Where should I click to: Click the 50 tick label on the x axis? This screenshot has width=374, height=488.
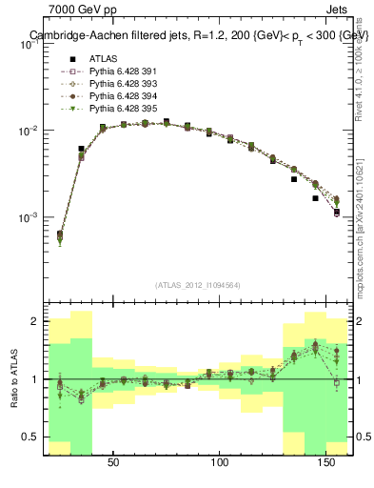click(113, 462)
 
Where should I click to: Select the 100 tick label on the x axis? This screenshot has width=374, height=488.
click(221, 462)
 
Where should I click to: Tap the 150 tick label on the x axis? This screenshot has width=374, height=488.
click(328, 462)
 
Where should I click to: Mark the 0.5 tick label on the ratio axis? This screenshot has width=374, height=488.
click(30, 437)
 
